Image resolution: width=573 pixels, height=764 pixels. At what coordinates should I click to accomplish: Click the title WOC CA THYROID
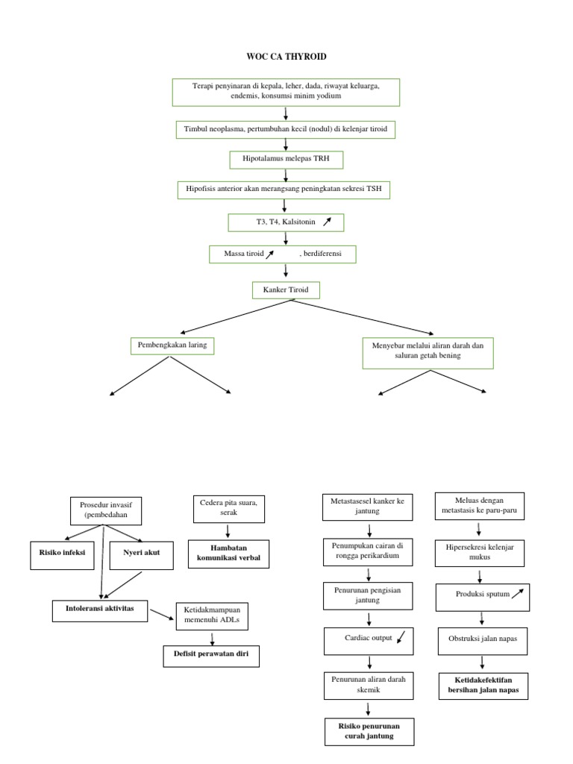point(286,57)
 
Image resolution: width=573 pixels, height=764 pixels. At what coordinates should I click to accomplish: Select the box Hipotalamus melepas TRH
point(286,159)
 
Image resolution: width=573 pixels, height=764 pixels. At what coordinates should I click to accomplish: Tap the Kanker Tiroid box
point(286,288)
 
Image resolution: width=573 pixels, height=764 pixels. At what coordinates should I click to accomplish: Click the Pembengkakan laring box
point(170,345)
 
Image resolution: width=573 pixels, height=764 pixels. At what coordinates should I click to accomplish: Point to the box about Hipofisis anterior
point(284,190)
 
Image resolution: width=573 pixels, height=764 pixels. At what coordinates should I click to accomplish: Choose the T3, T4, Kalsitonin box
point(286,222)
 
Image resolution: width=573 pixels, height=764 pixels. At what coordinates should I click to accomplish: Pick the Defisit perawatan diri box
point(212,656)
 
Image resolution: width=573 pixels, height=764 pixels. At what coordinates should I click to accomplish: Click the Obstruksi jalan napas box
point(481,639)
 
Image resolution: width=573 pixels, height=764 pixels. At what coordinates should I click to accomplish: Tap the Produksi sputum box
point(481,595)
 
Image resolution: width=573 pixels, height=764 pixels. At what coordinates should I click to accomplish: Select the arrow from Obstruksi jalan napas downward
point(482,661)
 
